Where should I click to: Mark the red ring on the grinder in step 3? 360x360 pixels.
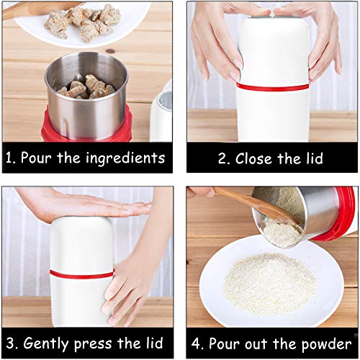click(x=81, y=274)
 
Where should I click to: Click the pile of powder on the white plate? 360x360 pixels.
click(x=269, y=284)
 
